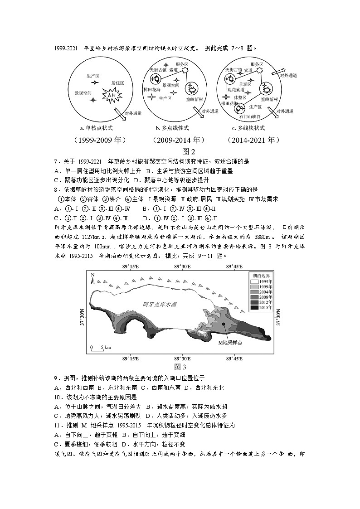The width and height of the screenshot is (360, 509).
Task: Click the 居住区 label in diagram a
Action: pos(117,83)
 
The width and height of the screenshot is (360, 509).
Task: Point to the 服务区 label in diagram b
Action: pos(181,65)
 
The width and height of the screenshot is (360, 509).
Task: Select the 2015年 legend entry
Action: pos(261,308)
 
